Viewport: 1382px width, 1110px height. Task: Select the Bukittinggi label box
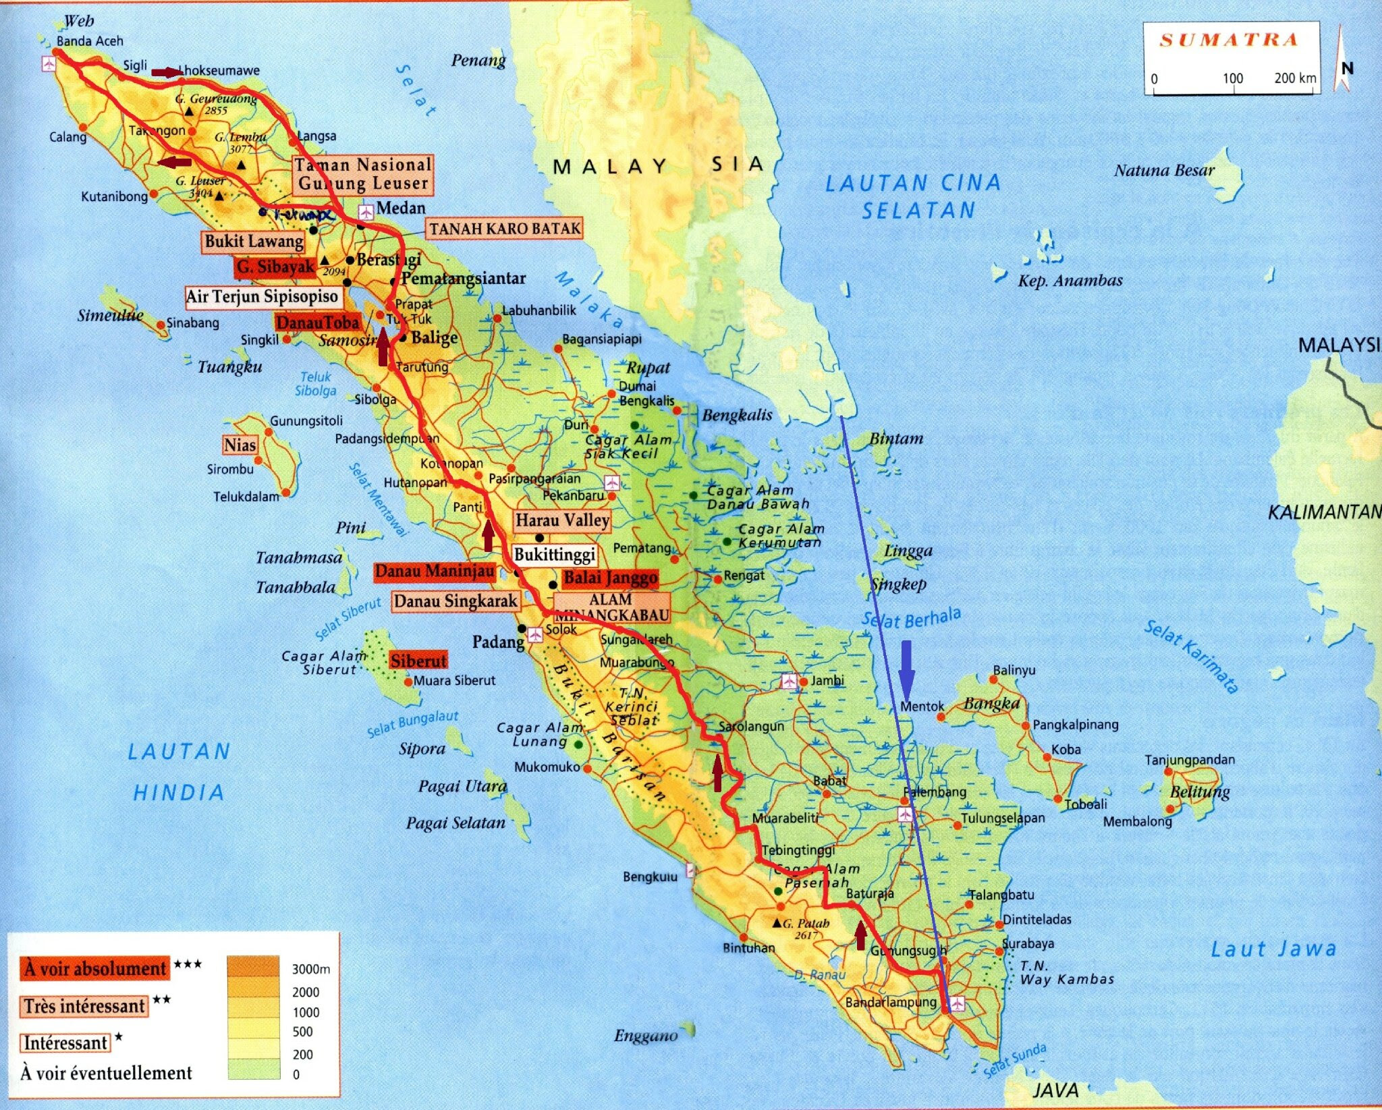click(555, 555)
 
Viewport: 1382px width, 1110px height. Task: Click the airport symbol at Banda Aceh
click(49, 64)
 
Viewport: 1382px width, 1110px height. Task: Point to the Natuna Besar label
click(1164, 170)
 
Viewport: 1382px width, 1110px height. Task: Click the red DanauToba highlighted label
click(317, 323)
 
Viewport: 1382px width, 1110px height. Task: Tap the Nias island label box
click(240, 445)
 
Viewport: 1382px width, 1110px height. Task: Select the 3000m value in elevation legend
click(310, 969)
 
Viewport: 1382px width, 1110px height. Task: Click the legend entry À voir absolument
click(95, 968)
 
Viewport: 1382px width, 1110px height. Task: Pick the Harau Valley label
click(562, 520)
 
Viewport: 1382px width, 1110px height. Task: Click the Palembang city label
click(935, 792)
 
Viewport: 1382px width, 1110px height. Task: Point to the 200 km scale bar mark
click(1294, 78)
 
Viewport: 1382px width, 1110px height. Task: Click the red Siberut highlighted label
click(418, 661)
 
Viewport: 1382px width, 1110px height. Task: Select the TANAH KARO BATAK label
click(505, 229)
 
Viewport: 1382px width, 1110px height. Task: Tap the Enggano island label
click(645, 1035)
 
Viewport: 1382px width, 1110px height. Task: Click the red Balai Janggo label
click(610, 578)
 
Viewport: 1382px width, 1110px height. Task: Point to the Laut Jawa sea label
click(1273, 949)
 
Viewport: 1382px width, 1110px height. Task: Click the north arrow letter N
click(1347, 68)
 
